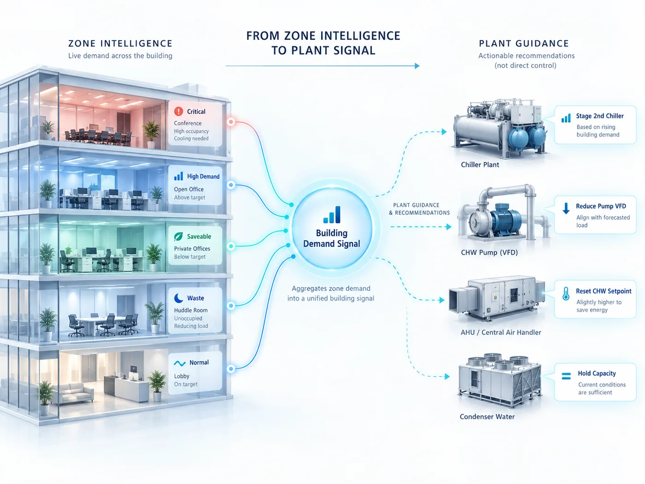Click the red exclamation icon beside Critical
tap(178, 112)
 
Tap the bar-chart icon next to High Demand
tap(178, 176)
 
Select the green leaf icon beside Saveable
tap(178, 236)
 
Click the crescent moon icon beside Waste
tap(178, 298)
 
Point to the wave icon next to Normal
tap(180, 364)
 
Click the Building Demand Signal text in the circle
tap(331, 238)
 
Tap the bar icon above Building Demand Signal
tap(332, 214)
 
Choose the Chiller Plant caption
tap(480, 165)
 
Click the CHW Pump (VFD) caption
tap(489, 253)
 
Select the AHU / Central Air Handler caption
tap(501, 332)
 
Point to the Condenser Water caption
tap(487, 417)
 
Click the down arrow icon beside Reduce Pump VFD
tap(566, 208)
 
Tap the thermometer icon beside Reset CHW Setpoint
tap(566, 294)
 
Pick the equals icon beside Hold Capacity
tap(566, 376)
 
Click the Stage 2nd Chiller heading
tap(600, 116)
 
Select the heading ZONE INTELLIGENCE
tap(120, 43)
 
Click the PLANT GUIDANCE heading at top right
tap(524, 43)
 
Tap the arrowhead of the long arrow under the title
tap(417, 66)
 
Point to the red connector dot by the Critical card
tap(231, 121)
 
